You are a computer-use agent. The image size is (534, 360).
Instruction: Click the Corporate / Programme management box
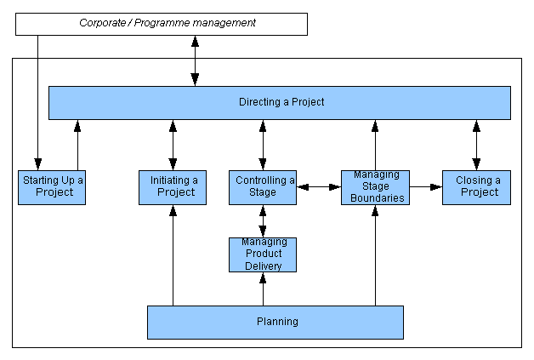coord(162,24)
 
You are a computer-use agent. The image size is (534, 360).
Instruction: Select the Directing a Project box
coord(280,102)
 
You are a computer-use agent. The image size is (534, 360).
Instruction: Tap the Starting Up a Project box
coord(54,186)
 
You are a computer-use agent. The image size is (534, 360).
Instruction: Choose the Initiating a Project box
coord(173,186)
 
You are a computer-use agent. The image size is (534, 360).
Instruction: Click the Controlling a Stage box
coord(263,186)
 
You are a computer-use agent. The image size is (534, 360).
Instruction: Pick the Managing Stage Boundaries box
coord(375,186)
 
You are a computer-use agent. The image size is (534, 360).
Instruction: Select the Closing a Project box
coord(476,186)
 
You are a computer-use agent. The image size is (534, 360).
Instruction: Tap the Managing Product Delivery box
coord(263,254)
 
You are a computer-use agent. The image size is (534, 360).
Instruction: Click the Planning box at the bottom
coord(276,322)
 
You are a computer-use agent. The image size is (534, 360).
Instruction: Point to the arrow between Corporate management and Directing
coord(195,60)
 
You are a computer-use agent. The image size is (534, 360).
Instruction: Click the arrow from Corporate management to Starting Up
coord(37,102)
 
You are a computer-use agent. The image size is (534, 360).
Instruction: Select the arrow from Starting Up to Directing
coord(77,145)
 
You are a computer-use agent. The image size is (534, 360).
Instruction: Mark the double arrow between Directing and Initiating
coord(173,145)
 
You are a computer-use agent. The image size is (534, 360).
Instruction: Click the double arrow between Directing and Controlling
coord(263,145)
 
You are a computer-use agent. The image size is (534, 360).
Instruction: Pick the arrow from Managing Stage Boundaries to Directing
coord(375,145)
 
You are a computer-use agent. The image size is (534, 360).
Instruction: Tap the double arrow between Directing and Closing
coord(476,145)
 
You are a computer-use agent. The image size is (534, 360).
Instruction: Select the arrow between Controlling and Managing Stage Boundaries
coord(319,186)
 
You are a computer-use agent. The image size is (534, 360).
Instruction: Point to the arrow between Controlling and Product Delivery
coord(263,221)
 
